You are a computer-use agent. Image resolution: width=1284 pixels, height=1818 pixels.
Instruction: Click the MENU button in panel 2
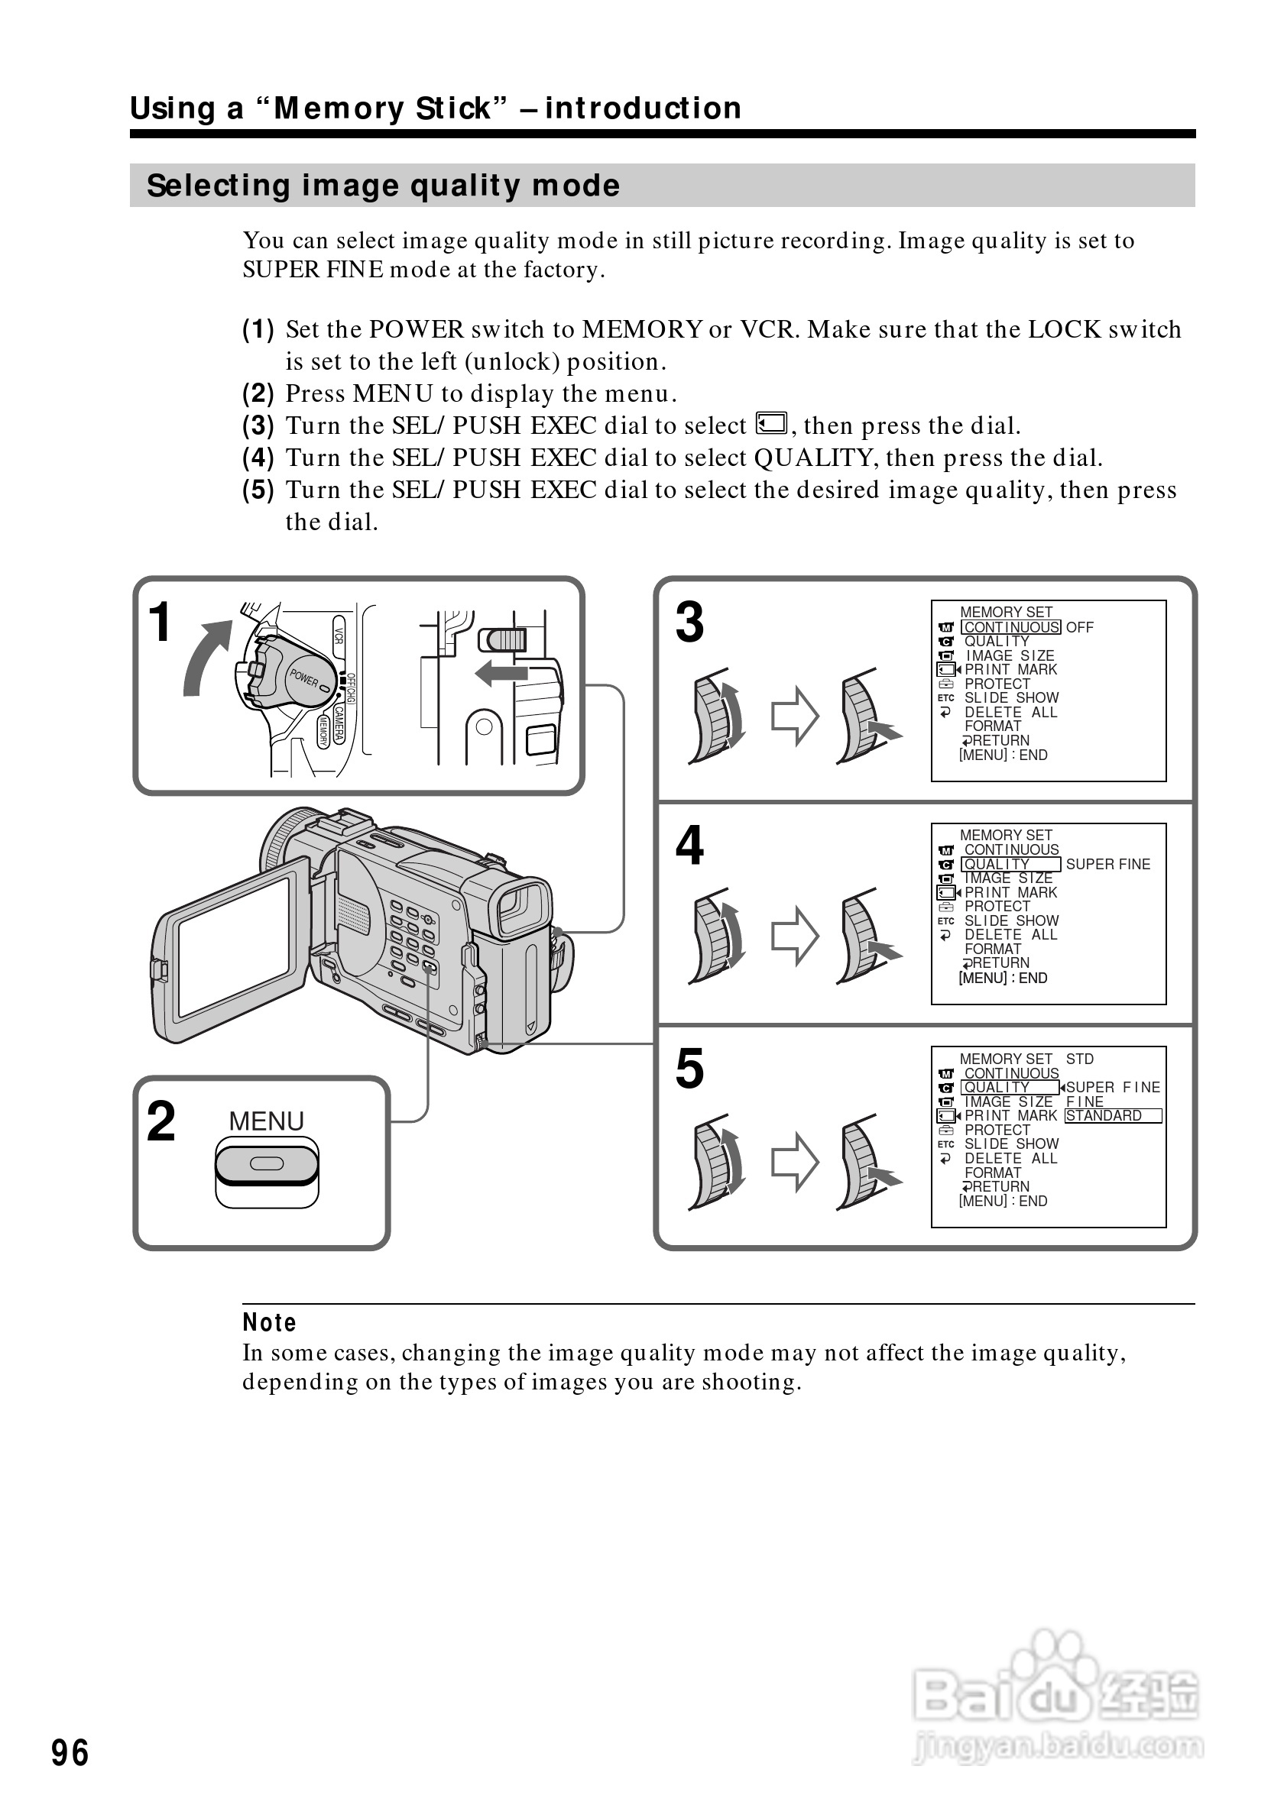[x=266, y=1163]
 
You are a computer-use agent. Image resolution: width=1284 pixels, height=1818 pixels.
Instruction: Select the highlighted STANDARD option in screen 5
[x=1112, y=1116]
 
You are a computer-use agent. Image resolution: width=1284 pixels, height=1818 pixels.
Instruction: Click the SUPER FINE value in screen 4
[x=1107, y=864]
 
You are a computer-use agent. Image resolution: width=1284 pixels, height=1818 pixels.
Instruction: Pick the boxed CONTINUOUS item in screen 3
[x=1010, y=627]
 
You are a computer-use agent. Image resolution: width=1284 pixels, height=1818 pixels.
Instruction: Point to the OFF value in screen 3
[x=1079, y=627]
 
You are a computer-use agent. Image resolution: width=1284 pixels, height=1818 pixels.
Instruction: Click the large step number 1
[x=160, y=623]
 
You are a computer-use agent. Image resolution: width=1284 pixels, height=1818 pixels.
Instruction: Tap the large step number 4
[x=689, y=846]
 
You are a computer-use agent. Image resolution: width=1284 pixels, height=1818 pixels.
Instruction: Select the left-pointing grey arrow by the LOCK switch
[x=501, y=674]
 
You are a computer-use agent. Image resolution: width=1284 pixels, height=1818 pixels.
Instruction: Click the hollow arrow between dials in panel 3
[x=795, y=716]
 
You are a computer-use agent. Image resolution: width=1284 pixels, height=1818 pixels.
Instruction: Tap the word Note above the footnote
[x=269, y=1322]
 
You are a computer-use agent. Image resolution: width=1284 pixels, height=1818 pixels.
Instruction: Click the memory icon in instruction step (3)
[x=770, y=424]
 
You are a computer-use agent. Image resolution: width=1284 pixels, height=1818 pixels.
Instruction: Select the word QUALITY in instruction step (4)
[x=813, y=458]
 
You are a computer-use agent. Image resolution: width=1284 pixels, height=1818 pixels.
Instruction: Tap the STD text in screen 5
[x=1079, y=1059]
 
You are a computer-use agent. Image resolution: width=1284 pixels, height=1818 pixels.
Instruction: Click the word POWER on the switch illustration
[x=303, y=678]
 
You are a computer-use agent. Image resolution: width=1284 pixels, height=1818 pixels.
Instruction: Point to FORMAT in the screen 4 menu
[x=993, y=949]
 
